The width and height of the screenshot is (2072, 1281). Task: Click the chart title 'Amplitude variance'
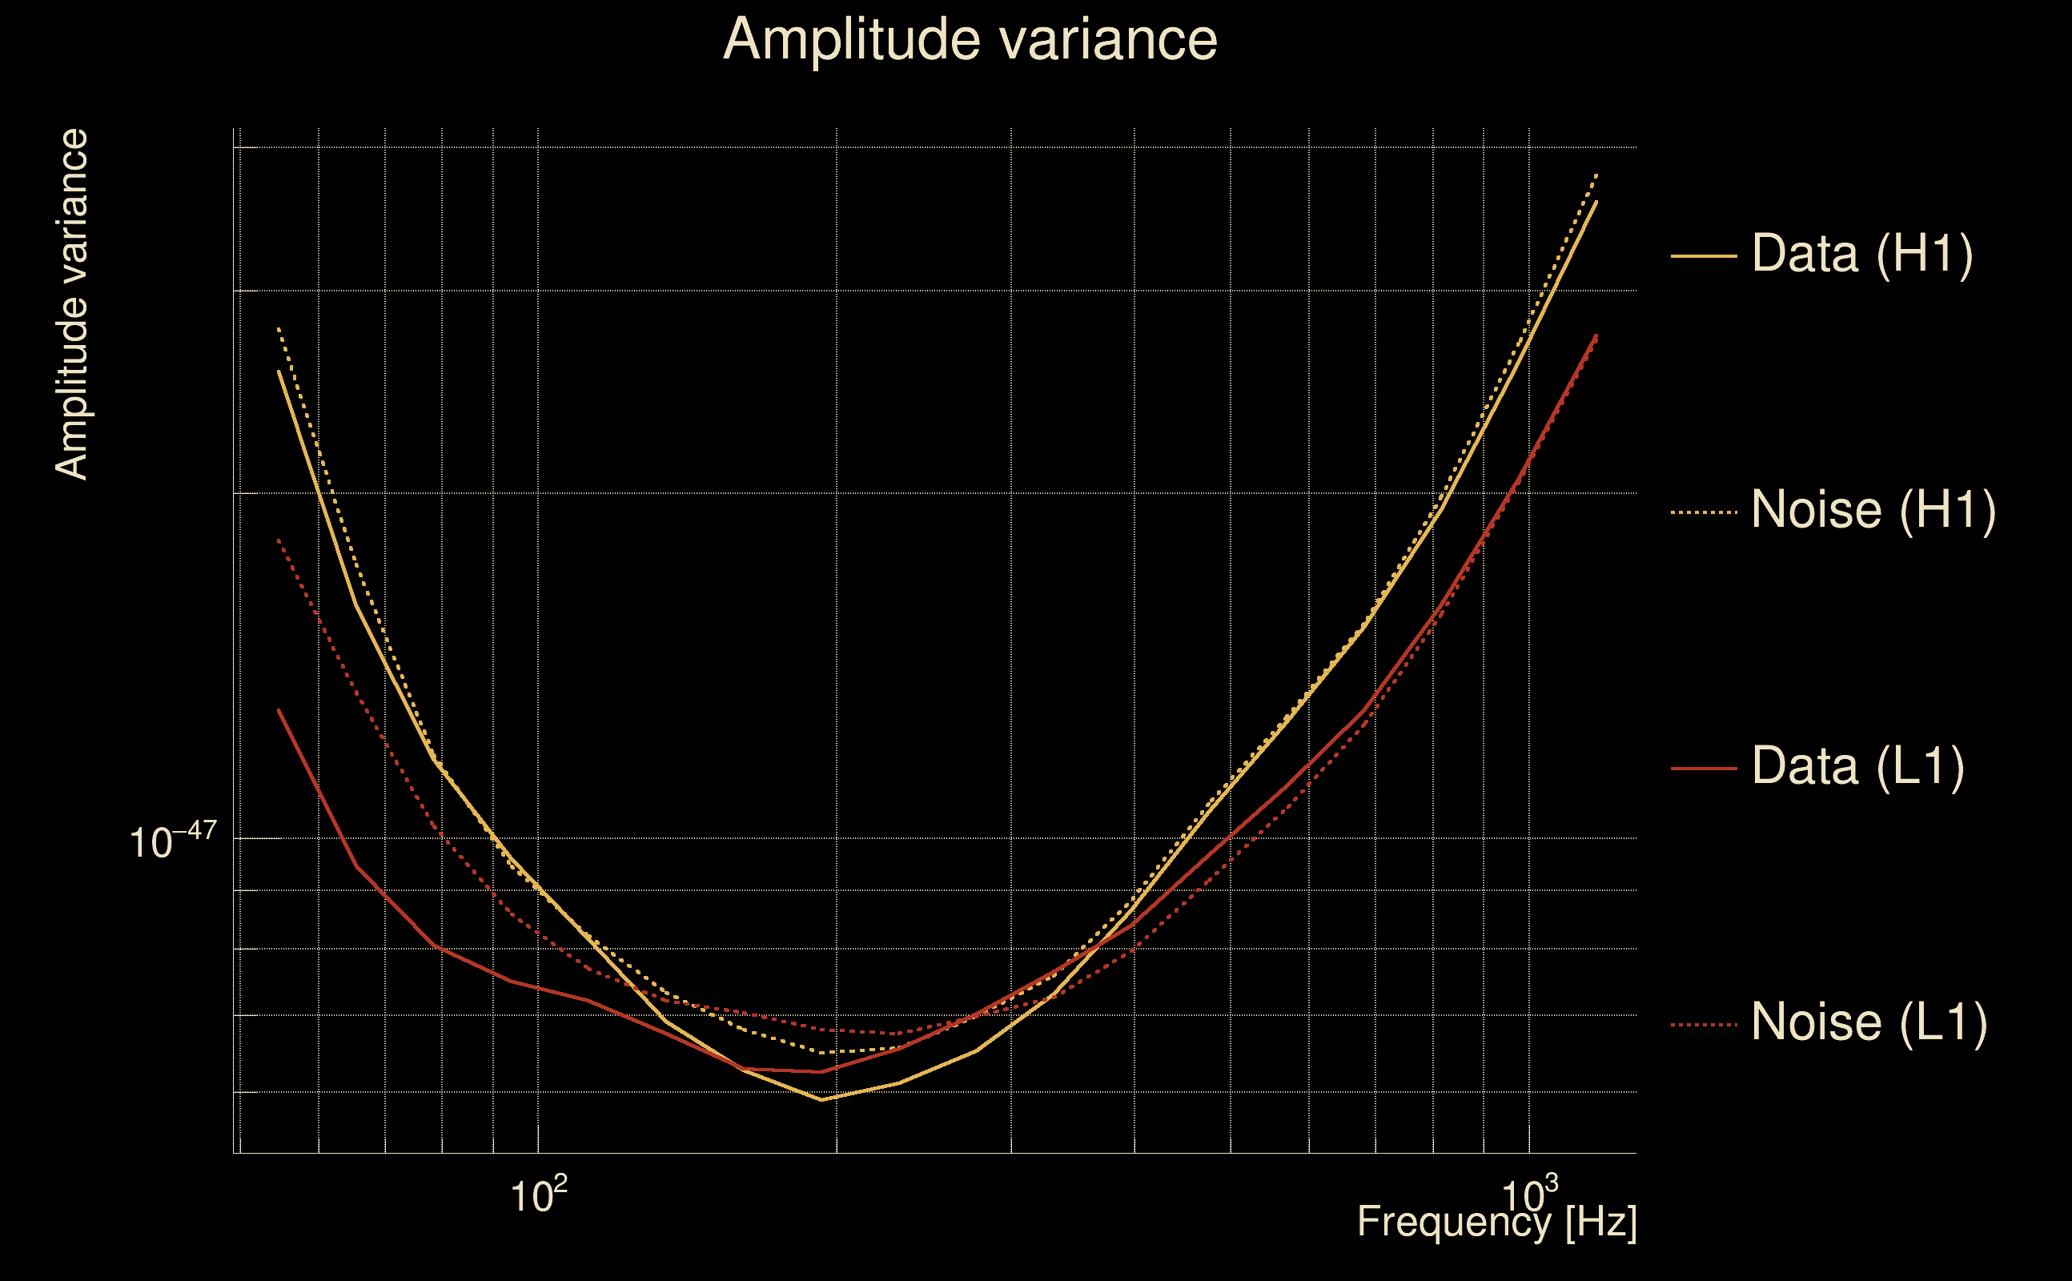tap(969, 40)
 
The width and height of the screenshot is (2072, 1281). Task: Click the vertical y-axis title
tap(72, 305)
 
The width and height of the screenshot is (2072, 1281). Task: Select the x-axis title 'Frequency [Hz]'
tap(1496, 1222)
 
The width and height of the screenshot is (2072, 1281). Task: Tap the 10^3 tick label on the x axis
tap(1529, 1195)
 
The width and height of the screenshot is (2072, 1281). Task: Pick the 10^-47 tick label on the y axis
tap(173, 841)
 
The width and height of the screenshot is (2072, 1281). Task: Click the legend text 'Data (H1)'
tap(1862, 253)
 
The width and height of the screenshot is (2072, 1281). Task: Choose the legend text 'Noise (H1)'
tap(1873, 510)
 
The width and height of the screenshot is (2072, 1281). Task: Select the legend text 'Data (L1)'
tap(1857, 767)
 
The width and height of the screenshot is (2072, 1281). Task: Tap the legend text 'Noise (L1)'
tap(1869, 1022)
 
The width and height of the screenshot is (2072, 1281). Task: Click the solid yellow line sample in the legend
tap(1704, 255)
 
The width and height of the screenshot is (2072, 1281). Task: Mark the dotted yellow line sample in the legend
tap(1704, 512)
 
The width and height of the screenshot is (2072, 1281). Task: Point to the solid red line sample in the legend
tap(1704, 769)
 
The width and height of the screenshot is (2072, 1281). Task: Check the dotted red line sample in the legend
tap(1704, 1025)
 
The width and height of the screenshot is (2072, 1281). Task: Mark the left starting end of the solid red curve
tap(279, 710)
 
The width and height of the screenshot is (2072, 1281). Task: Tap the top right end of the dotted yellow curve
tap(1596, 175)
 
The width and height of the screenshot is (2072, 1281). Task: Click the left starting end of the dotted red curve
tap(279, 540)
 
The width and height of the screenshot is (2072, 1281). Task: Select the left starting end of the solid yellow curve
tap(279, 371)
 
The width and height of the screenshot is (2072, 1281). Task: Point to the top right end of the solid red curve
tap(1596, 335)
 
